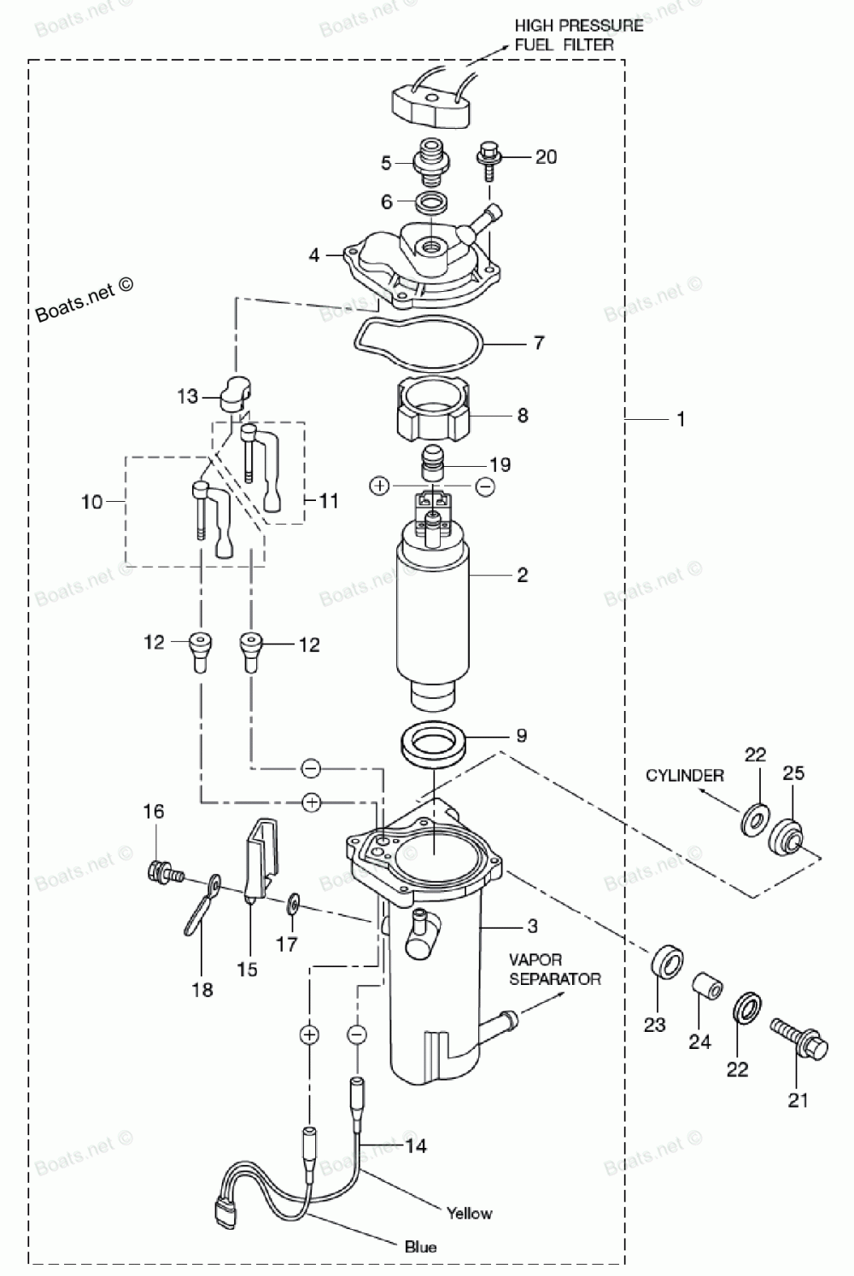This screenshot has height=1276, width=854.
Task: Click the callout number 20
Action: click(x=546, y=157)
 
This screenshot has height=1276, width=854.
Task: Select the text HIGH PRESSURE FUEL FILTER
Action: click(x=578, y=35)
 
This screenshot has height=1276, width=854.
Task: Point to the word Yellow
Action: click(x=469, y=1213)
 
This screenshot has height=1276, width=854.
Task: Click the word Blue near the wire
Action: click(x=420, y=1247)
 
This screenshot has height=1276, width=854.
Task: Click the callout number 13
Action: click(x=187, y=396)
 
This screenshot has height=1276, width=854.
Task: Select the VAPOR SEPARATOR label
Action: click(x=555, y=969)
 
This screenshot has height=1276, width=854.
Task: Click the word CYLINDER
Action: click(x=684, y=776)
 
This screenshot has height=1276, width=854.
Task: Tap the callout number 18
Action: click(x=202, y=990)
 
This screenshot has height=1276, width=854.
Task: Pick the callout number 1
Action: click(x=681, y=420)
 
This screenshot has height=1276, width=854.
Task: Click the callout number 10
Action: click(x=91, y=502)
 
